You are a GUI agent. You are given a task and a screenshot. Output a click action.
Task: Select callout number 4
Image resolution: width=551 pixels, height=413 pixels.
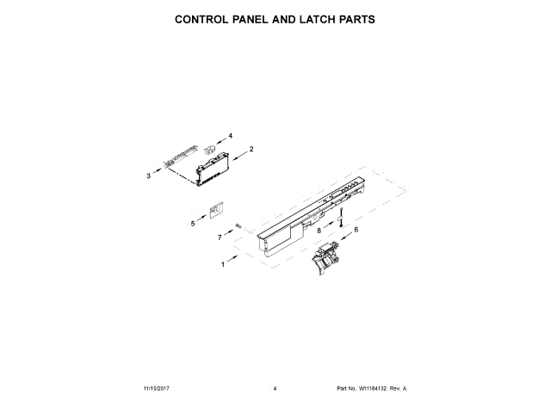click(230, 135)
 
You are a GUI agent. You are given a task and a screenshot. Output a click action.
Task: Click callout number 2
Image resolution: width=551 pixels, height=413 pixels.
click(251, 150)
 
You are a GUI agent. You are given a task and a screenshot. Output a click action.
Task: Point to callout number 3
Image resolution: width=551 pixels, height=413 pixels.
click(148, 176)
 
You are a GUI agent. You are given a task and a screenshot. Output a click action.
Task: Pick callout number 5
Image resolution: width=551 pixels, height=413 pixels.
click(193, 224)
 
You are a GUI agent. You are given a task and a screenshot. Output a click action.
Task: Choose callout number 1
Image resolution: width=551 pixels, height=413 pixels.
click(222, 265)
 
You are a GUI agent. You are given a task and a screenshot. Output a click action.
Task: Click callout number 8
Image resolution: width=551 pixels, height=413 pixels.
click(319, 231)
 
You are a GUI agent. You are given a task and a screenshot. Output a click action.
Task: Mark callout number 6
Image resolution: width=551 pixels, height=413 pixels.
click(356, 228)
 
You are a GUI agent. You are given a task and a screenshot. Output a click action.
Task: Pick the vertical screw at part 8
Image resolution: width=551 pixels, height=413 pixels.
click(341, 216)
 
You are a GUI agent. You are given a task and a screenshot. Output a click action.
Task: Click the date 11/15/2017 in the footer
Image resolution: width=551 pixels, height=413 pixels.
click(158, 389)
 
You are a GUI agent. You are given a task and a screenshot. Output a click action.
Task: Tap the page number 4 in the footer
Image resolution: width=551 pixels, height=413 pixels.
click(275, 389)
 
